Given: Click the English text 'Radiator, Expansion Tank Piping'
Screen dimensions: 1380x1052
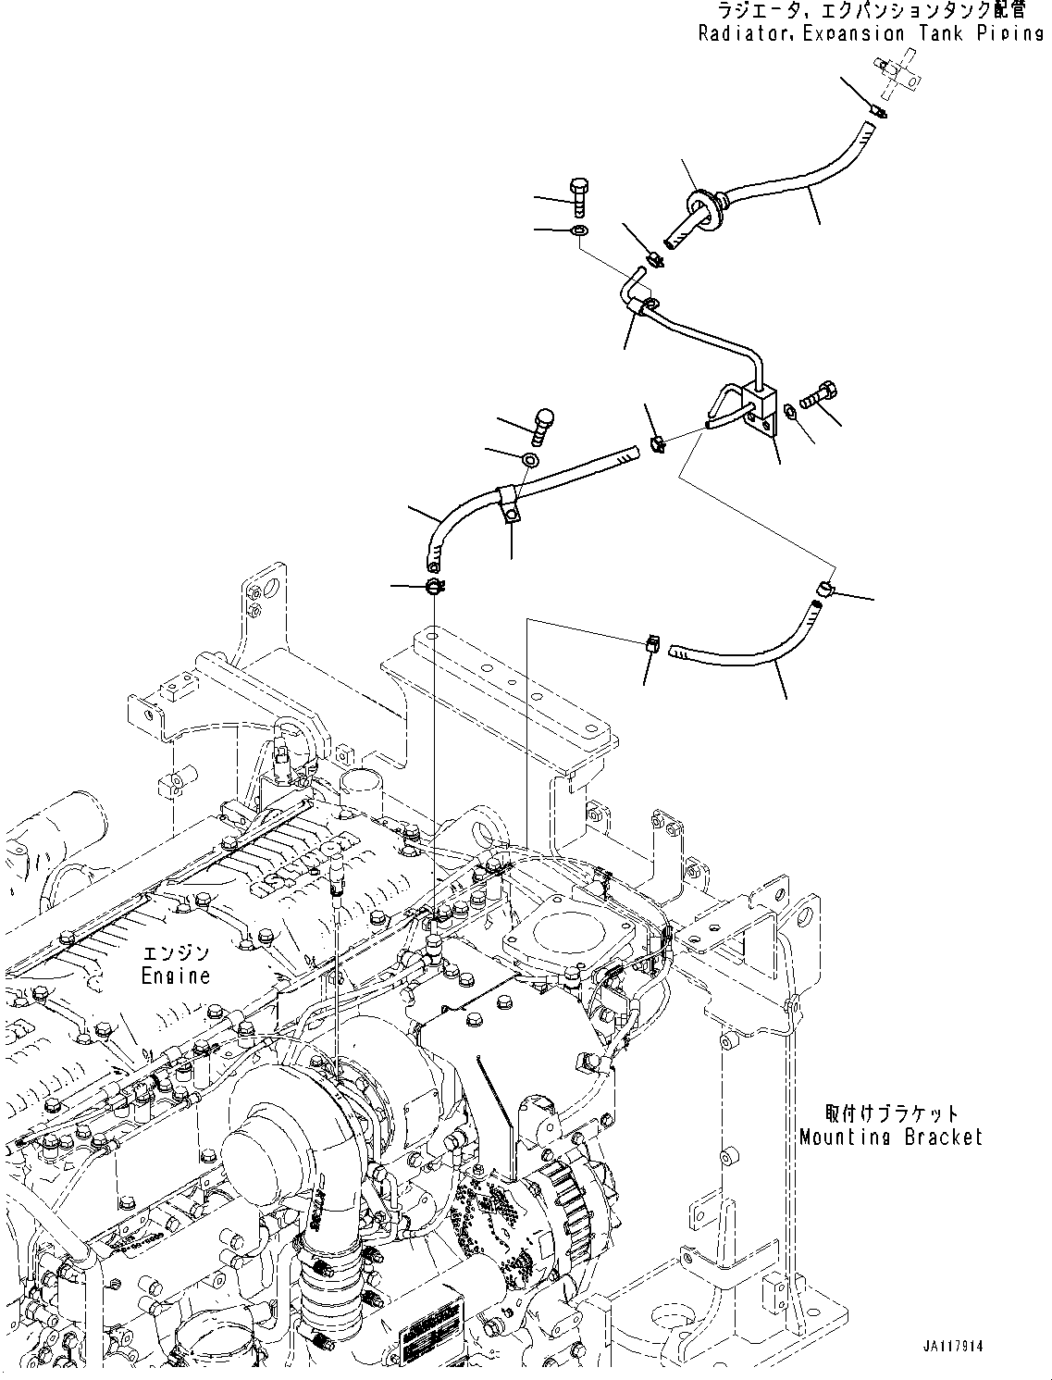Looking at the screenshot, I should (871, 34).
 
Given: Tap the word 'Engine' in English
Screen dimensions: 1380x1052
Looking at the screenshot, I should (176, 976).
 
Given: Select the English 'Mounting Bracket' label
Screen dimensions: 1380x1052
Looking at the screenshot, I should (890, 1137).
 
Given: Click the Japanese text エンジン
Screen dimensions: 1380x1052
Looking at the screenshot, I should (176, 953).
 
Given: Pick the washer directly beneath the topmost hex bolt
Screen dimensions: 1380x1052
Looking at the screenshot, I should (579, 230).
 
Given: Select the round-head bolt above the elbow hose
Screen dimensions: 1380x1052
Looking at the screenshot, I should (541, 425).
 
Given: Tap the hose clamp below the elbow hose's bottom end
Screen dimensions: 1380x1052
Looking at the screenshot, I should (434, 586).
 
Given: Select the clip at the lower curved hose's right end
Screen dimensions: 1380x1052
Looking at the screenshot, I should (824, 587).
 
